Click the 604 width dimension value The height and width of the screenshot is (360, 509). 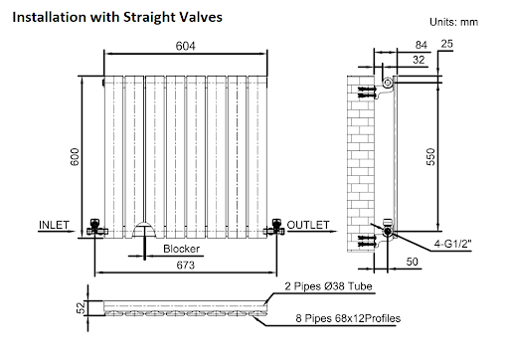(185, 46)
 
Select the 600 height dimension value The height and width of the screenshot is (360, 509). (75, 157)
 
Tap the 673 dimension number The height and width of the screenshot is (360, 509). (186, 266)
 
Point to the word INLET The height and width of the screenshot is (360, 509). (54, 225)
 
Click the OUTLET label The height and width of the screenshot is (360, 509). (308, 225)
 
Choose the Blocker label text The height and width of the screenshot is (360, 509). (181, 249)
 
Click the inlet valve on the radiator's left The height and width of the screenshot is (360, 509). (96, 228)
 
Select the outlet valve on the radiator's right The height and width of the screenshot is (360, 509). (274, 228)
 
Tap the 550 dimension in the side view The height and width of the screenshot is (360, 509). (430, 157)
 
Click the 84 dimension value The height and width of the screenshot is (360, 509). (422, 45)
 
